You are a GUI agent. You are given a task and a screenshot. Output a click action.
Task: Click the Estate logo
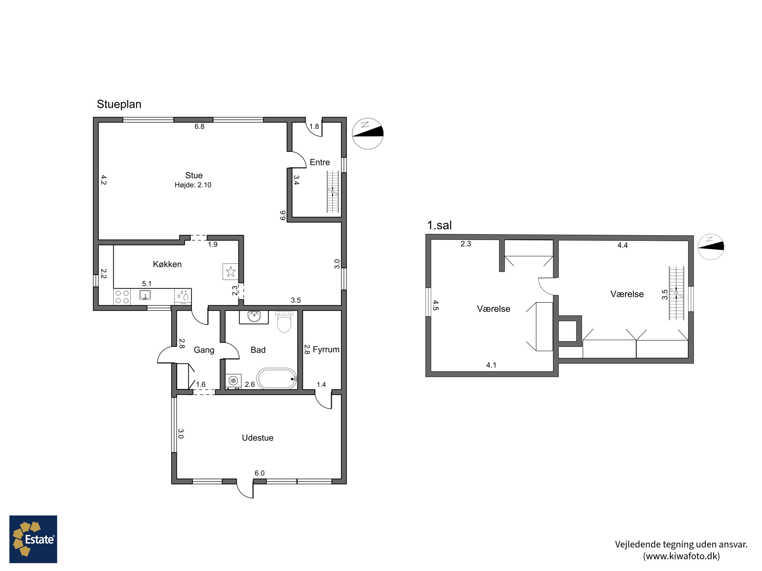(33, 539)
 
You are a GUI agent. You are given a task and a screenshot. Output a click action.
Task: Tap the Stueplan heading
(119, 104)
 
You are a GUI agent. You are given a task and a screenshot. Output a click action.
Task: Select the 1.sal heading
(439, 225)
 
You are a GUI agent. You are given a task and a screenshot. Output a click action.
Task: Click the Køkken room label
(167, 264)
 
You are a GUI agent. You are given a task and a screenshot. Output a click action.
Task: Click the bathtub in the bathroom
(277, 379)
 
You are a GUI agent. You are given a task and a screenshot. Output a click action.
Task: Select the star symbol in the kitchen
(230, 272)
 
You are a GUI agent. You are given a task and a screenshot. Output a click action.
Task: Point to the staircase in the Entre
(333, 192)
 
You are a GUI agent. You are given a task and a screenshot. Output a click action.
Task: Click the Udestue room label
(258, 438)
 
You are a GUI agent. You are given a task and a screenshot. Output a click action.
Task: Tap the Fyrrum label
(326, 350)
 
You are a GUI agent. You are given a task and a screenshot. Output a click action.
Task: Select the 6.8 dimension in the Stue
(199, 126)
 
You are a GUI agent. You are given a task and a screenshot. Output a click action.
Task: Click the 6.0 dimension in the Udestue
(259, 473)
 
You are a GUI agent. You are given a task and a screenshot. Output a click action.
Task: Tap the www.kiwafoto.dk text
(681, 556)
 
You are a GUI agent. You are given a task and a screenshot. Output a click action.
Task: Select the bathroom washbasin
(254, 317)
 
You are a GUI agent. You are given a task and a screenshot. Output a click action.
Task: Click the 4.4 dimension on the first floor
(623, 245)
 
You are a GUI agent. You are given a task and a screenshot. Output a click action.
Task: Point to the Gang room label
(204, 350)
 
